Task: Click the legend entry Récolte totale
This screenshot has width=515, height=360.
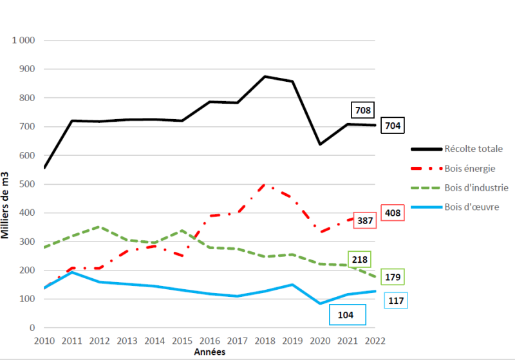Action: pos(473,149)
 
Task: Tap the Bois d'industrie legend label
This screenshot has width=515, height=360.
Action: pos(476,187)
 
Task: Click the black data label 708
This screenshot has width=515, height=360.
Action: pos(363,111)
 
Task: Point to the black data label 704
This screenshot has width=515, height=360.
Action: pos(391,126)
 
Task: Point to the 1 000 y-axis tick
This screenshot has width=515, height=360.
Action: pos(23,41)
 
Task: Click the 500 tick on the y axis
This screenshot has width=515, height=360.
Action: pos(26,184)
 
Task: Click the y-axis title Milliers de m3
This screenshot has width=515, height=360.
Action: pos(6,205)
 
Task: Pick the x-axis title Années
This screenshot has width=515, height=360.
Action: pos(210,352)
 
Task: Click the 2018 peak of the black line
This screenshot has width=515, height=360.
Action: pos(265,77)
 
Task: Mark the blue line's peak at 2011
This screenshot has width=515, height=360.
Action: pos(71,272)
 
